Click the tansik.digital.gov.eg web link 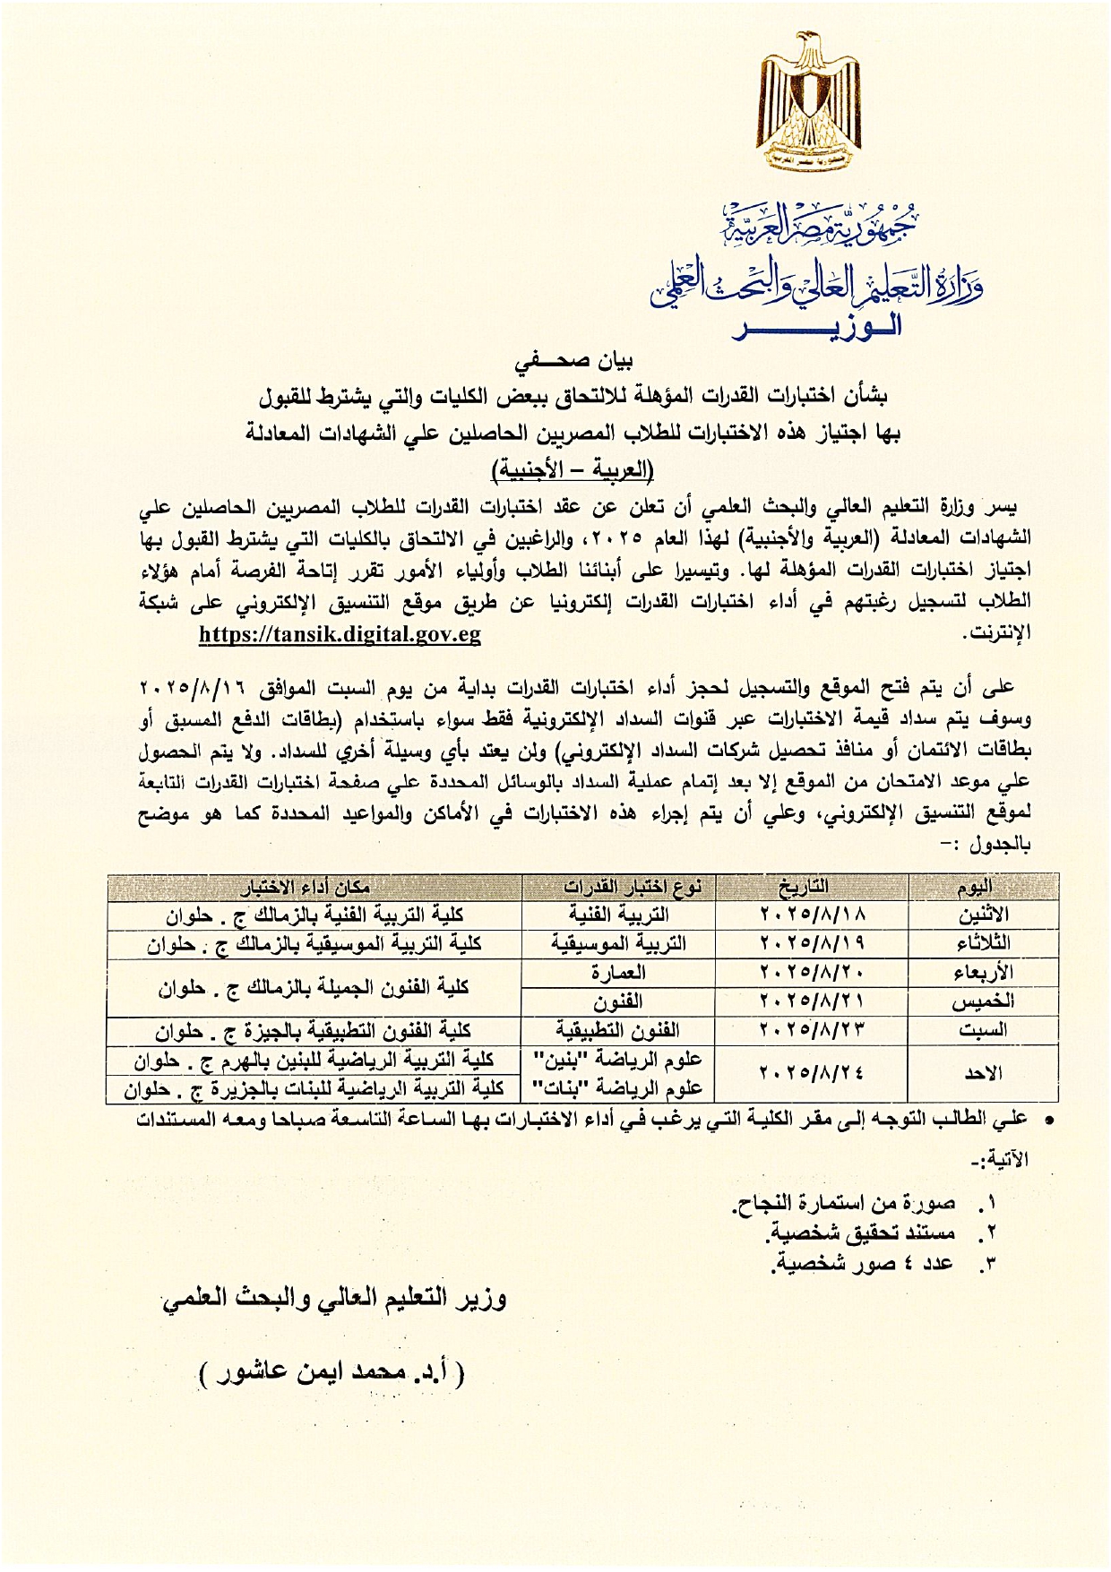(x=340, y=634)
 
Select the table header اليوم (x=974, y=887)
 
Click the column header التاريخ (x=804, y=887)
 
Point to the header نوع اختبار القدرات (x=633, y=887)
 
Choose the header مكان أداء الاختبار (x=306, y=887)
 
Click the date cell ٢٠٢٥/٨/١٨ (x=813, y=915)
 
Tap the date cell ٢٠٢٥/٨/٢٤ (x=813, y=1072)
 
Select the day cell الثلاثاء (x=983, y=943)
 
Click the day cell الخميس (x=983, y=1001)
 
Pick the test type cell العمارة (x=618, y=972)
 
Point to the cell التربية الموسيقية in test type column (x=618, y=943)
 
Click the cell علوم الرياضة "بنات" (x=618, y=1088)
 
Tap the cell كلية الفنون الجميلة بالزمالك (x=314, y=987)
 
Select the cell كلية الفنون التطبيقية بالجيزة (x=314, y=1031)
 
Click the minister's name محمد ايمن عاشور (x=332, y=1371)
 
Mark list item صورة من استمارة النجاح (x=846, y=1203)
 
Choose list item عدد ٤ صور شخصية (x=864, y=1264)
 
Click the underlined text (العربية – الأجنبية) (x=573, y=468)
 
